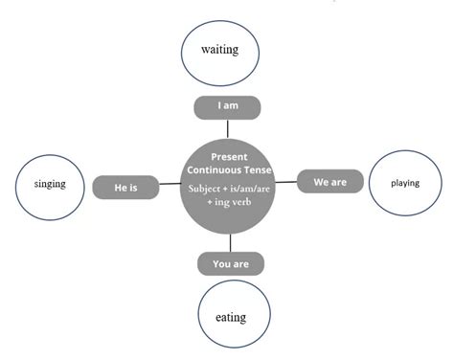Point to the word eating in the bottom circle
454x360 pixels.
(x=231, y=317)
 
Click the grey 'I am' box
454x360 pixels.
(x=227, y=106)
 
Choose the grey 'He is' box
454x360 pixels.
(x=125, y=188)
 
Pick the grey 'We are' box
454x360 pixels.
(x=330, y=179)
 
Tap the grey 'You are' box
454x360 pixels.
(x=231, y=263)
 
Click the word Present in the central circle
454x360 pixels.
(x=230, y=155)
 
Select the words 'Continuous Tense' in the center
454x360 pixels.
(x=230, y=170)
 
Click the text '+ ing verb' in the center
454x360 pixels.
(x=230, y=203)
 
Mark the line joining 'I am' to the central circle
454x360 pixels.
(x=227, y=127)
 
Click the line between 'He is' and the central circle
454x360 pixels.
(x=169, y=188)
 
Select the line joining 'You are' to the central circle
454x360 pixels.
(x=231, y=244)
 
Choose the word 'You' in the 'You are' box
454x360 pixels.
(x=221, y=263)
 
